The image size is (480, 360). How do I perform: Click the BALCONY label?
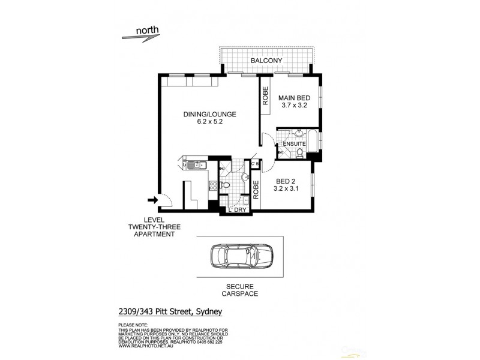pyautogui.click(x=266, y=61)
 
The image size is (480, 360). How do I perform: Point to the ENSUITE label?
pyautogui.click(x=295, y=145)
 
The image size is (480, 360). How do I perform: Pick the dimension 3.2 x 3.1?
pyautogui.click(x=287, y=188)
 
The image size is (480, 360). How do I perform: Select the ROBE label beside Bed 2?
pyautogui.click(x=255, y=190)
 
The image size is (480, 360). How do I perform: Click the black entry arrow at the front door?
pyautogui.click(x=152, y=200)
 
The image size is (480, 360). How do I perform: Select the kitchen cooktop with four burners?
pyautogui.click(x=212, y=187)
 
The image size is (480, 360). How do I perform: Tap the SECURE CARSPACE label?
pyautogui.click(x=239, y=290)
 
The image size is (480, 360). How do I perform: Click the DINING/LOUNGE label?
pyautogui.click(x=201, y=114)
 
